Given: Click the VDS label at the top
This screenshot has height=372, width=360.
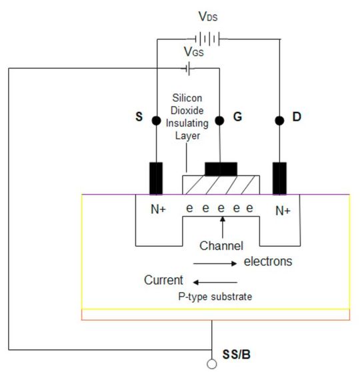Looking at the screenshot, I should (207, 15).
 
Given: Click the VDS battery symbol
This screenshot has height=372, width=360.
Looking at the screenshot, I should (206, 38).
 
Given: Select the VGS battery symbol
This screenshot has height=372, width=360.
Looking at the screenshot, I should (192, 68).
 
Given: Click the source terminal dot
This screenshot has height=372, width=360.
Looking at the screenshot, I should (156, 121).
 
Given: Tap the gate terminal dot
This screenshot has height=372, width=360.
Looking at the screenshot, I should (219, 121).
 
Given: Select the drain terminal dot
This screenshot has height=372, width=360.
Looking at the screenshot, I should (278, 121).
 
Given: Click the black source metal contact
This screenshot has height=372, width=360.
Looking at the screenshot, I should (156, 178).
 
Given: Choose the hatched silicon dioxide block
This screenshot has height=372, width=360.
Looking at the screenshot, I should (220, 185).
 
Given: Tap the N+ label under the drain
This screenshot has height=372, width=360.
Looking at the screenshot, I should (283, 211).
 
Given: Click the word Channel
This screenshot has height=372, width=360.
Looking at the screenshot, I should (223, 245).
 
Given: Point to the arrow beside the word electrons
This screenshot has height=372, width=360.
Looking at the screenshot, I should (215, 263).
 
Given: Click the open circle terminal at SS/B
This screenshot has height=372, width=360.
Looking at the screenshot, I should (211, 364).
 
